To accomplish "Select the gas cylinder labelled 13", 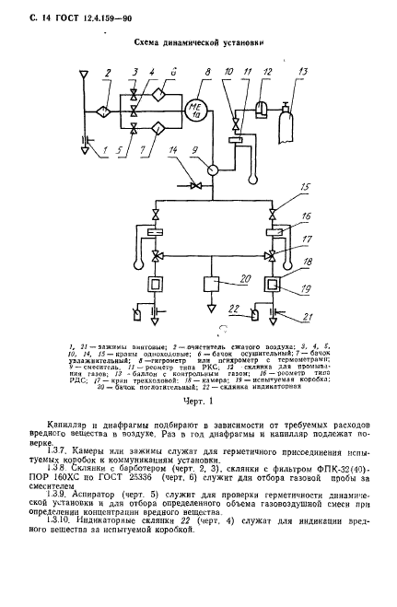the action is point(301,115).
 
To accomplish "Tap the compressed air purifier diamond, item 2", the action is point(107,111).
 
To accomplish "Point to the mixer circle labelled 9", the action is point(213,169).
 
